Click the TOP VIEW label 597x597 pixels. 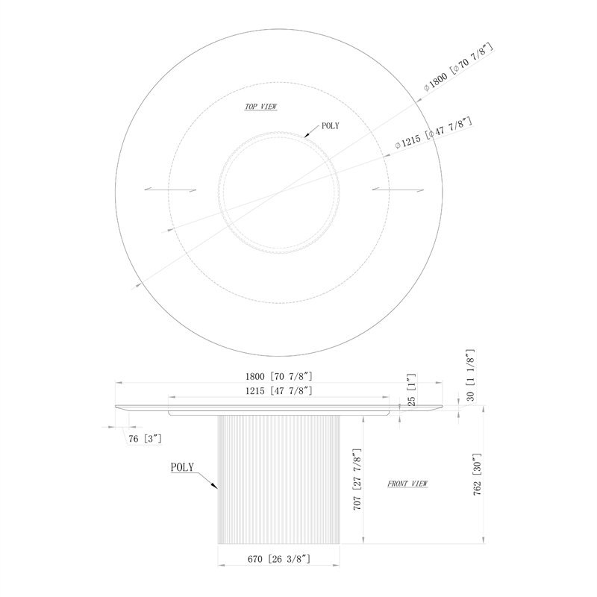[260, 107]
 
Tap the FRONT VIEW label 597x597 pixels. [407, 484]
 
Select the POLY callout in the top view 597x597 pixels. [331, 126]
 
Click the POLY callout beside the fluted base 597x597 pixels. [182, 467]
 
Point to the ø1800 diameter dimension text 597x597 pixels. [459, 67]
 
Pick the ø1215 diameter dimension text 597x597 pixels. [434, 134]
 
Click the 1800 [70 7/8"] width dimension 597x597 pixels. [278, 377]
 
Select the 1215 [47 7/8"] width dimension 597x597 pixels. [278, 391]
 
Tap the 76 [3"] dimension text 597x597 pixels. [145, 439]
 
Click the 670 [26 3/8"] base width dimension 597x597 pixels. [278, 559]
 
